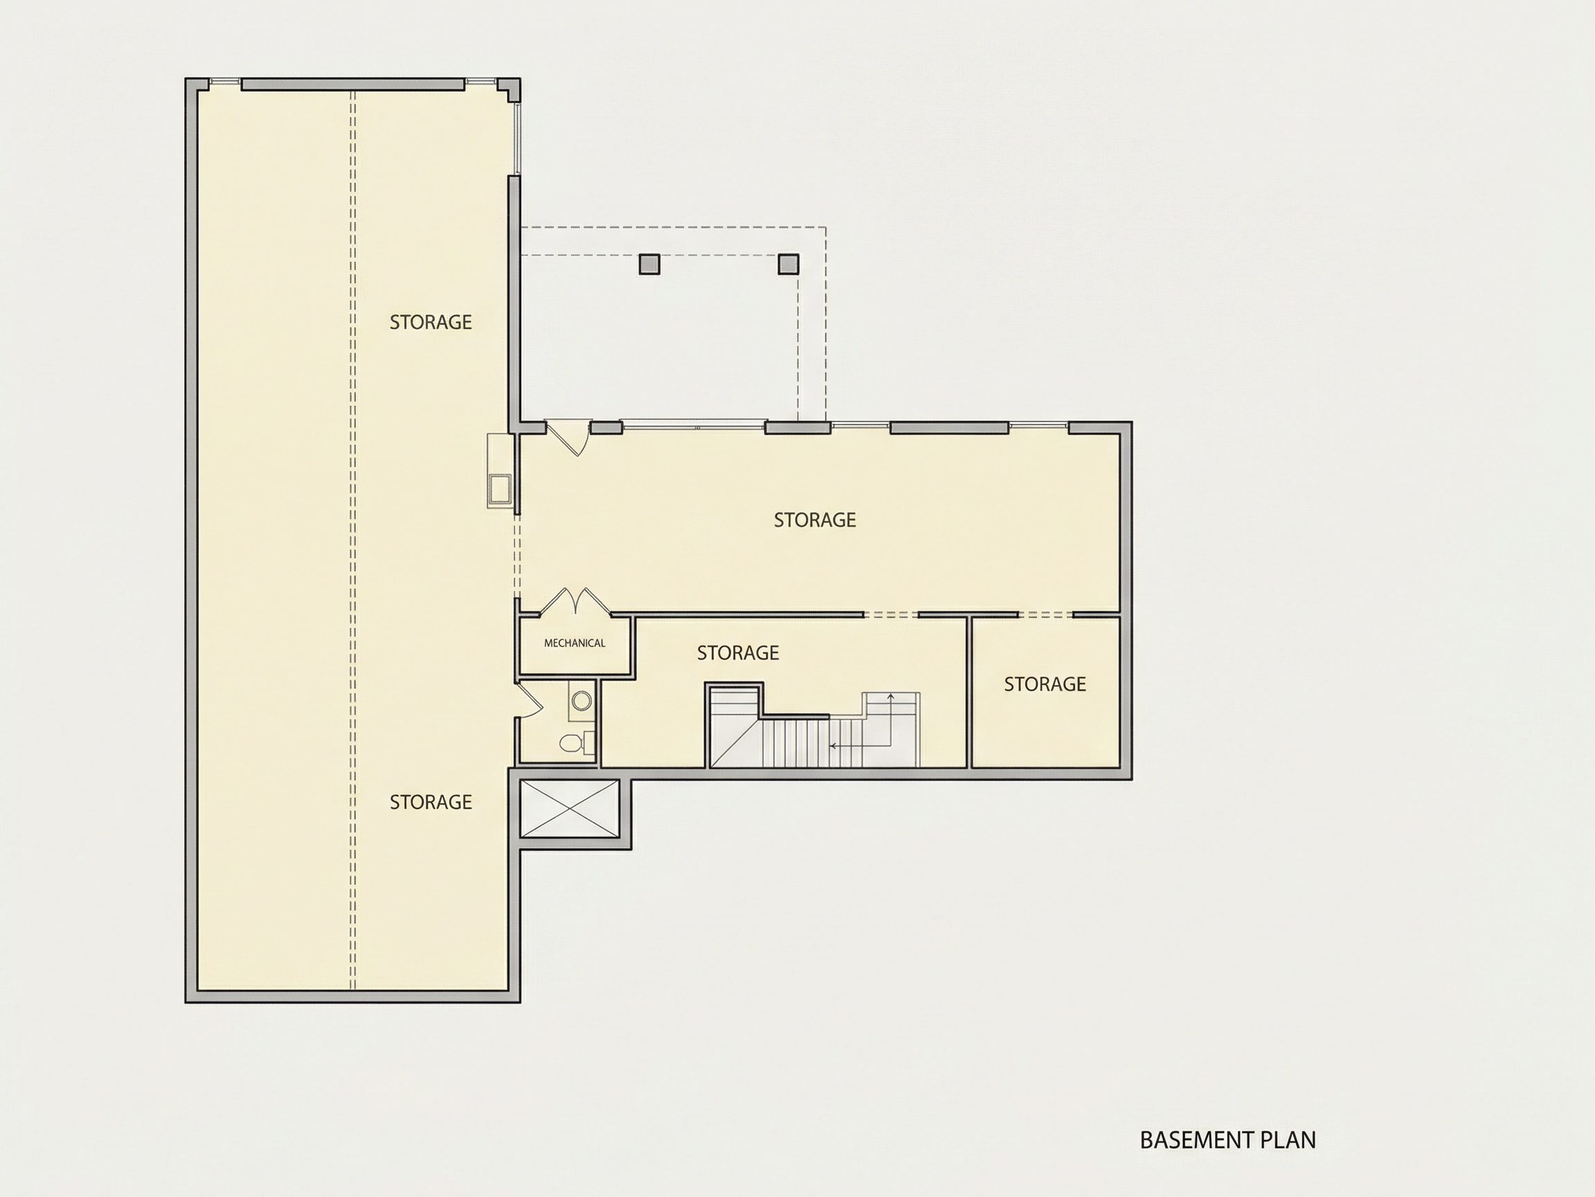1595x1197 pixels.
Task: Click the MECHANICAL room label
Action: pos(575,643)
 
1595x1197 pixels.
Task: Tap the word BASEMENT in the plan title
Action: pos(1198,1140)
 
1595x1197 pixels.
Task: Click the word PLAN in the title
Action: pos(1288,1140)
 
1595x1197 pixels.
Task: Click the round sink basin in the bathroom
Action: pos(582,700)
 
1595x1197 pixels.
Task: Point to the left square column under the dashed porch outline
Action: pos(649,264)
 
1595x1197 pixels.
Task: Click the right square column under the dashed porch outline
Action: pos(788,264)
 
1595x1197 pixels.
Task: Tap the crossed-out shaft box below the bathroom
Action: pos(570,808)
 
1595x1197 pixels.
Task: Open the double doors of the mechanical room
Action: pos(575,602)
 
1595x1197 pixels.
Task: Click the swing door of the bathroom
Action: pos(530,699)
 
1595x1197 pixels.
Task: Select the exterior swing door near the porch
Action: pos(569,438)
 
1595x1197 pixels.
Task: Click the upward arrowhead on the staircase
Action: pos(891,697)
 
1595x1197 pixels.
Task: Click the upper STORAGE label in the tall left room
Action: pos(431,323)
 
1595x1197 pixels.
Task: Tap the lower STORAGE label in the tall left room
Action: pos(431,802)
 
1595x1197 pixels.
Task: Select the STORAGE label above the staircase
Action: pos(738,653)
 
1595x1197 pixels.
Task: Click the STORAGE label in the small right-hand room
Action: pos(1045,684)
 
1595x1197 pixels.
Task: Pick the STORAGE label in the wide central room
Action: pos(815,520)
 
